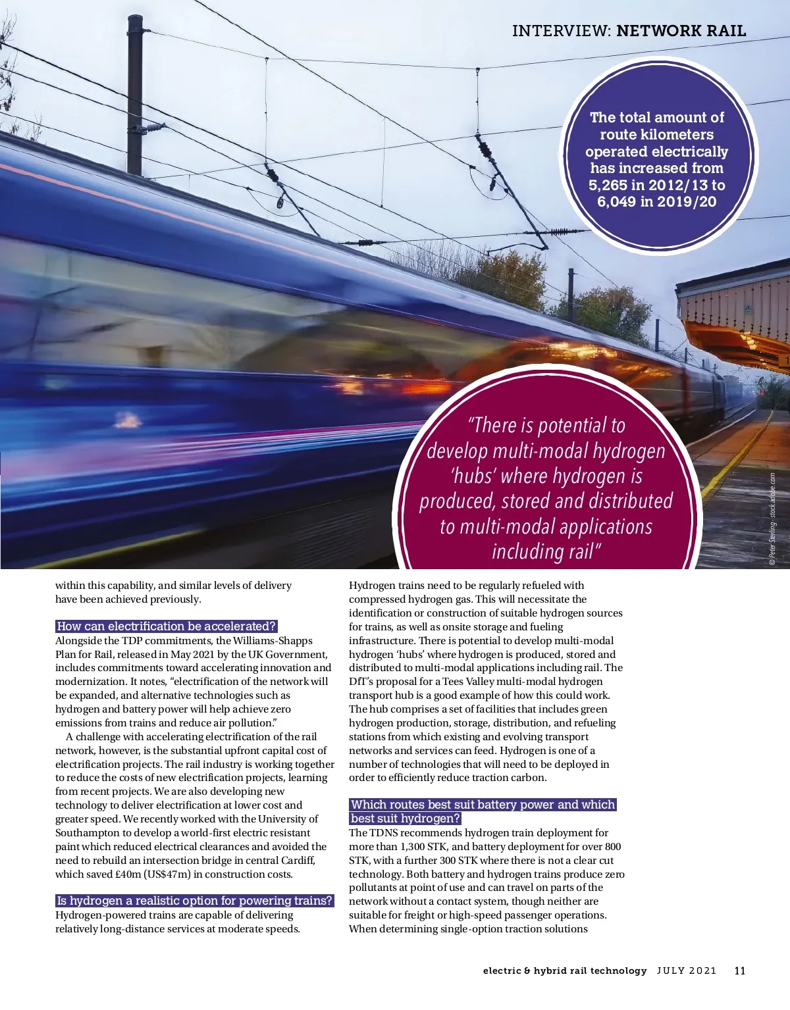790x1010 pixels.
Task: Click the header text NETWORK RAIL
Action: [681, 31]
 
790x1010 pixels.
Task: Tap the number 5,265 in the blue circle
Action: [608, 185]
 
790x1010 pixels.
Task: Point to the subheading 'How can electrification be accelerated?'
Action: [167, 626]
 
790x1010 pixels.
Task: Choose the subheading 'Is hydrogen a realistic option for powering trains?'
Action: [194, 901]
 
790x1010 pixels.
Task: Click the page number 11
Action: [739, 971]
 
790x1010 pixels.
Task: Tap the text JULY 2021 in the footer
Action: [686, 971]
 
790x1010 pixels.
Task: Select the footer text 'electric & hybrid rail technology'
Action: [565, 971]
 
